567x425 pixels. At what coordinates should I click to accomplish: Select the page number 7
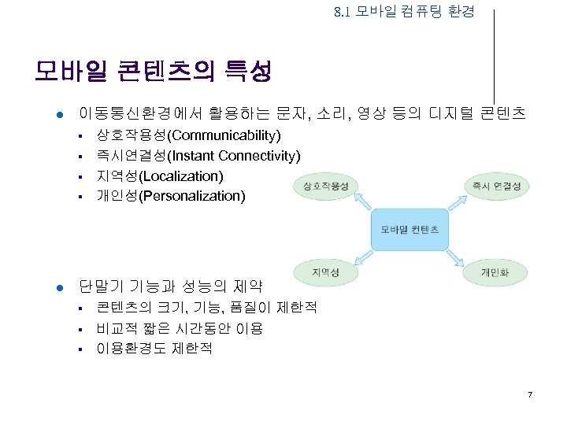530,394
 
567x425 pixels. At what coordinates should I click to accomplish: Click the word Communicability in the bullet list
229,135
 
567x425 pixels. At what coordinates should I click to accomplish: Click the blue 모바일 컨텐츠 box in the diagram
409,229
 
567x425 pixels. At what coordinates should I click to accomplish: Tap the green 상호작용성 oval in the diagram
325,186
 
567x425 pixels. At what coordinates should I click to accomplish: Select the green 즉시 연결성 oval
497,186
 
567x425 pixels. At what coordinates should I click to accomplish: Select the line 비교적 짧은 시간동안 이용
180,327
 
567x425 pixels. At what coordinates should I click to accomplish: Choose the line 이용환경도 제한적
154,348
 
